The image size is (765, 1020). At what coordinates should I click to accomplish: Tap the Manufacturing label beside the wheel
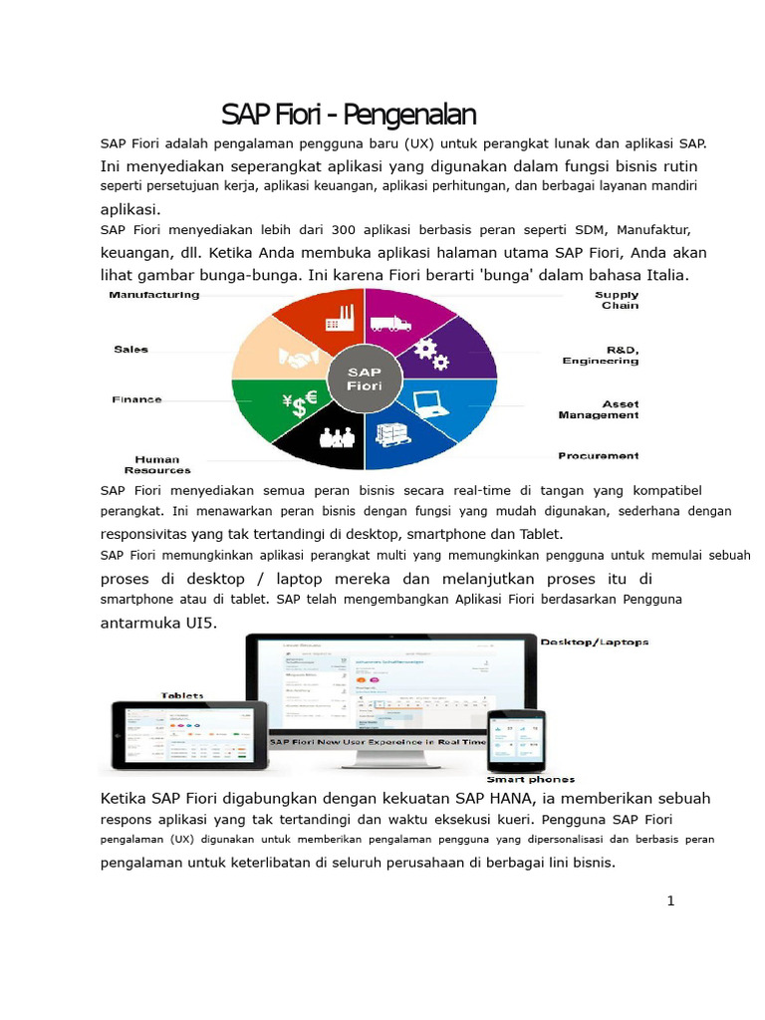[x=154, y=295]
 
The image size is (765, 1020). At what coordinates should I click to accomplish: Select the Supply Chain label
[x=618, y=300]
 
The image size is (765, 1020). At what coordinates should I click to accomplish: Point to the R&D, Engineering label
[x=601, y=355]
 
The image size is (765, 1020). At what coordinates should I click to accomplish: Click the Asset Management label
[x=599, y=409]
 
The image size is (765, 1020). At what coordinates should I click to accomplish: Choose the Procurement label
[x=598, y=455]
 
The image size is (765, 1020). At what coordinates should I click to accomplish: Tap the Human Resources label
[x=157, y=464]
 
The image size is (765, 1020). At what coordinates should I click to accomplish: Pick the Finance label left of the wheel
[x=137, y=399]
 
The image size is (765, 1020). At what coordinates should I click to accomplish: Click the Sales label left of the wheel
[x=130, y=350]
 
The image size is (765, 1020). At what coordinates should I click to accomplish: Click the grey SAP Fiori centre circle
[x=365, y=380]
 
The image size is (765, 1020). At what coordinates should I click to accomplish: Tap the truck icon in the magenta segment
[x=390, y=323]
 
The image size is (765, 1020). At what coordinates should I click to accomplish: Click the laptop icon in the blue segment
[x=431, y=401]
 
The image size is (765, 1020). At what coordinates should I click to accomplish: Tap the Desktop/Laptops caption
[x=594, y=642]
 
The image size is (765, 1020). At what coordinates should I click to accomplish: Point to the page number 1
[x=670, y=901]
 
